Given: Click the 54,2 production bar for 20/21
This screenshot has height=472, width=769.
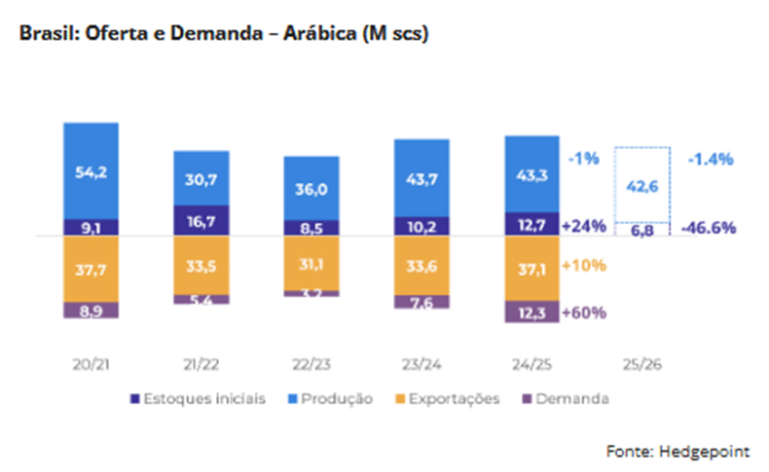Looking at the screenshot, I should [x=92, y=170].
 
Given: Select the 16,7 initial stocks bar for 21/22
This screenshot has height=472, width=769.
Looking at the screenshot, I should [x=201, y=221].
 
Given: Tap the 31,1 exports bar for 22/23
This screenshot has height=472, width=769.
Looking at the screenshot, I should [x=311, y=263].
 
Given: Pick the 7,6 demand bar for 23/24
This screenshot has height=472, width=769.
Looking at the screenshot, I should [x=421, y=301].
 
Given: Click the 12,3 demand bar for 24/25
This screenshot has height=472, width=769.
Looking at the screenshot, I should [x=531, y=310].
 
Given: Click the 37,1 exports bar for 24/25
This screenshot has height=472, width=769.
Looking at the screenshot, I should [x=531, y=266].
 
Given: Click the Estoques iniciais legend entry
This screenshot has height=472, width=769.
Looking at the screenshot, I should [x=198, y=399].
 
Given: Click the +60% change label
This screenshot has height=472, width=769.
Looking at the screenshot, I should [x=585, y=312].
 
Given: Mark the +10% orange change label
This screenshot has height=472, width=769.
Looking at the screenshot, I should [x=585, y=266].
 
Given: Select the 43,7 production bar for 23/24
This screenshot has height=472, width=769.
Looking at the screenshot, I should [x=421, y=177].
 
